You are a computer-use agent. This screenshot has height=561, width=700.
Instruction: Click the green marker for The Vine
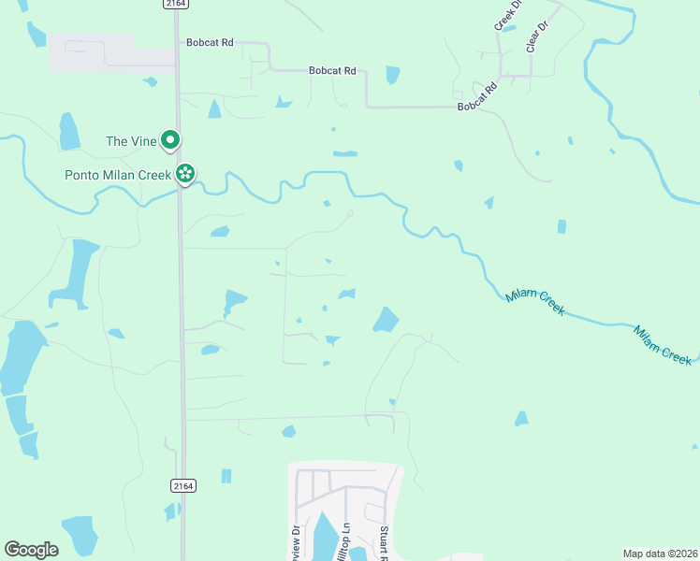click(170, 141)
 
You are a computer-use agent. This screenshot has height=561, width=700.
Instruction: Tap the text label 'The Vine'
click(128, 141)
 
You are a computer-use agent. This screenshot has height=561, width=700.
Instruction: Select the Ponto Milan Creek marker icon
click(186, 174)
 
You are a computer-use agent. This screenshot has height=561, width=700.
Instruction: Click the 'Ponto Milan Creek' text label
click(118, 175)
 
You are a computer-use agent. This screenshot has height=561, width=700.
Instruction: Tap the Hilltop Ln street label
click(344, 540)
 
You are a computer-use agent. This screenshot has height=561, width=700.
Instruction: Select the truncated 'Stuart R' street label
click(384, 543)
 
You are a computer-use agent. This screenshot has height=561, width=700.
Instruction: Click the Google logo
click(31, 549)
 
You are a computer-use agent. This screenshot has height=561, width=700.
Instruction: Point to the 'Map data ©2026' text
click(660, 554)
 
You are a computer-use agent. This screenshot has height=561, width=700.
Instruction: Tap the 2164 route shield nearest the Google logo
click(183, 485)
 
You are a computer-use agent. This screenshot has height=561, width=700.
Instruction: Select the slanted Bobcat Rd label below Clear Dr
click(477, 96)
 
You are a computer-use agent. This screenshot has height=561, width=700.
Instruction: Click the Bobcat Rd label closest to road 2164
click(210, 43)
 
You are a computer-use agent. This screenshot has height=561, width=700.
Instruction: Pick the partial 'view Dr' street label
click(296, 542)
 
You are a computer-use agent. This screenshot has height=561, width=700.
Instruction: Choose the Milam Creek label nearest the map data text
click(663, 344)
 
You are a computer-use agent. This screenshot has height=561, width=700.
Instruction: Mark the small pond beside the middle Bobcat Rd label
click(392, 75)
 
